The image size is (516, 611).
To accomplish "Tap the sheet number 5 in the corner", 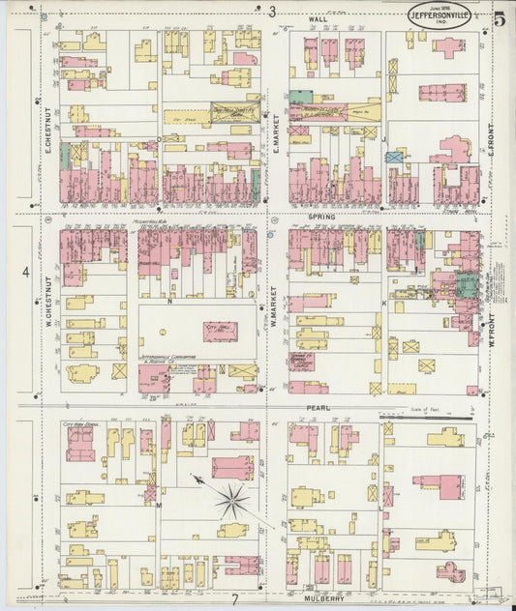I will [499, 16].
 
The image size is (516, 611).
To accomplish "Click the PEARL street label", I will [319, 408].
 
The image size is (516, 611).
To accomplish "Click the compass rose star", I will [229, 499].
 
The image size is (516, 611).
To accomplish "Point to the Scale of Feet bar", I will [426, 417].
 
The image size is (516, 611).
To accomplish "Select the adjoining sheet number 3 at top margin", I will [272, 11].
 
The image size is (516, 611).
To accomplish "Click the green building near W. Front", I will [467, 284].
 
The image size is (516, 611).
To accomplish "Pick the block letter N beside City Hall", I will [168, 302].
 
